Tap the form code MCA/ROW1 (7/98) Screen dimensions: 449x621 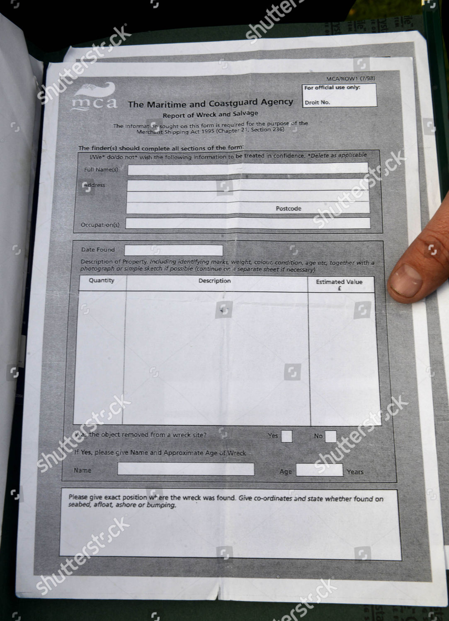pos(350,79)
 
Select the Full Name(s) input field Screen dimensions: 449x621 pos(248,168)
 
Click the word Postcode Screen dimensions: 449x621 pos(289,209)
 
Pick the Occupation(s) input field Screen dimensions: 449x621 pos(248,223)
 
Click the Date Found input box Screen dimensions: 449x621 pos(174,250)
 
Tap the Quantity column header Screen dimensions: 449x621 pos(101,280)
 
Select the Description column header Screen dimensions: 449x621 pos(214,281)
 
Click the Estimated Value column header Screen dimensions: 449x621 pos(339,284)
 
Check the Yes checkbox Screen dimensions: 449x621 pos(286,436)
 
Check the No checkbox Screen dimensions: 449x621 pos(331,436)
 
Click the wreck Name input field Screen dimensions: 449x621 pos(186,469)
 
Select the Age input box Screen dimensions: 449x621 pos(319,470)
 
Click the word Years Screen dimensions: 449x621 pos(355,472)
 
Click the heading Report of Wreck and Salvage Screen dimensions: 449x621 pos(210,114)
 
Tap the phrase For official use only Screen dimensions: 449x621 pos(332,88)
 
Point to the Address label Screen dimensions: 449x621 pos(95,185)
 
